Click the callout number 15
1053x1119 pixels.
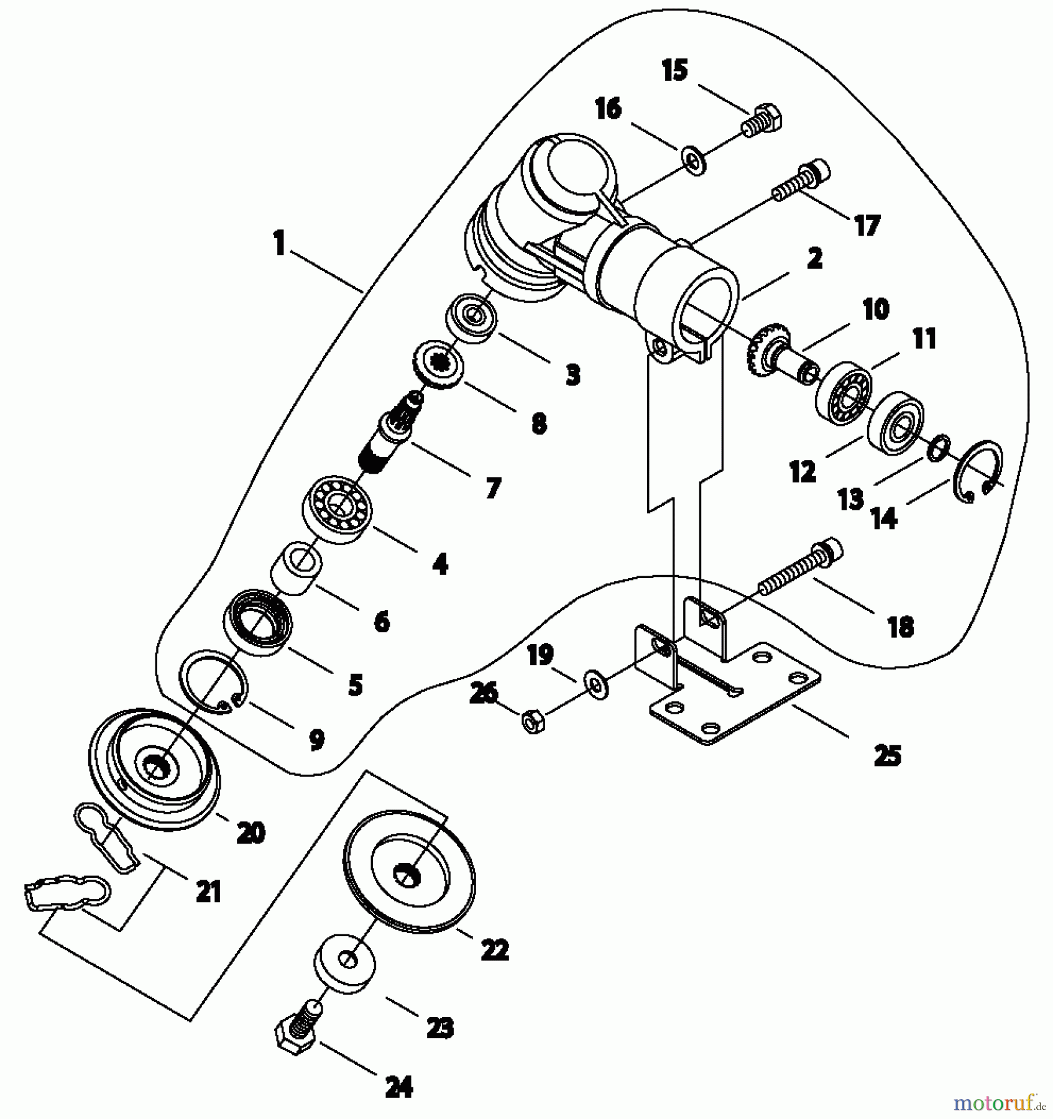674,70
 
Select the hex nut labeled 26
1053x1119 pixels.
533,722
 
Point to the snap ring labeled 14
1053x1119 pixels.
978,471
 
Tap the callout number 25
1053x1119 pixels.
887,755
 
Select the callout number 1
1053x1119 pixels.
280,243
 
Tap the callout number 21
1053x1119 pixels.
208,893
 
